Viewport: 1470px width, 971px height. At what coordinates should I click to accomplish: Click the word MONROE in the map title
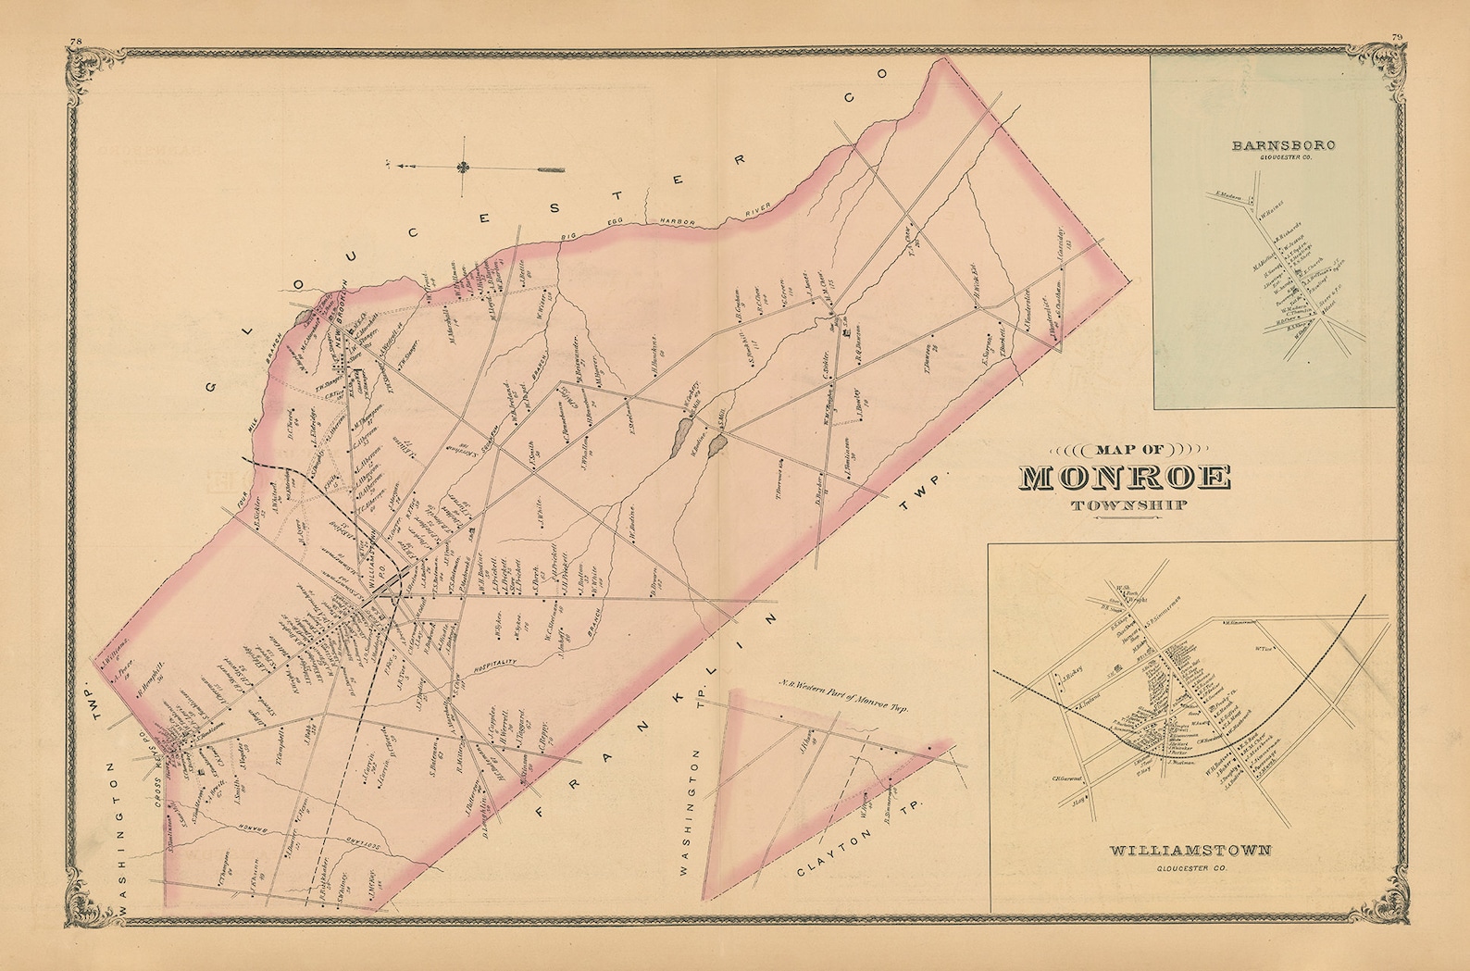(1125, 479)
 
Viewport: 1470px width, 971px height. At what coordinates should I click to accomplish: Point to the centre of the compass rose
(462, 168)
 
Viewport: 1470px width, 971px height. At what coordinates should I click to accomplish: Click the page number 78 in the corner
(75, 41)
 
